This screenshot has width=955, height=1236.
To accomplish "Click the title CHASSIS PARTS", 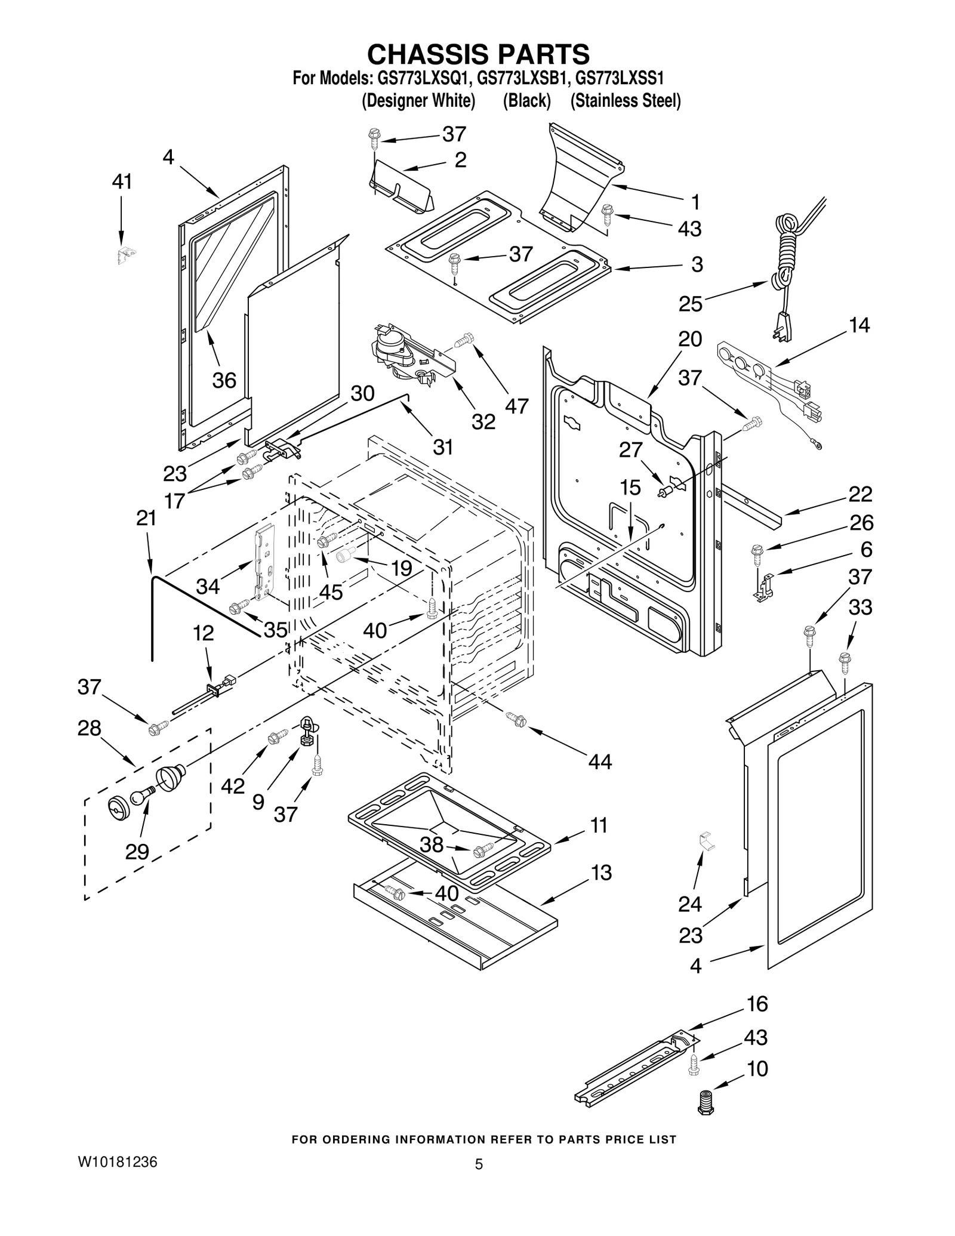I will (478, 54).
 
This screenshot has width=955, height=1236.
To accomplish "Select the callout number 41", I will (122, 181).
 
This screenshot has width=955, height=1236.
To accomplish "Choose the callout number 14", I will (859, 325).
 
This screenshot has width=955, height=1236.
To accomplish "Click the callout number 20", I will (689, 339).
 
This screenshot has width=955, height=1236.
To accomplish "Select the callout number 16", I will (757, 1004).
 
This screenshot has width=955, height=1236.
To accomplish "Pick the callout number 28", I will (89, 728).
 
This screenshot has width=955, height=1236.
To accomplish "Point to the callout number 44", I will (599, 762).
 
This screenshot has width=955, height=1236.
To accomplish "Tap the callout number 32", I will (483, 421).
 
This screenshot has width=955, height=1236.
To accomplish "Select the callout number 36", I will (224, 380).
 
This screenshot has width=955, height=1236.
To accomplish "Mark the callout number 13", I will (601, 873).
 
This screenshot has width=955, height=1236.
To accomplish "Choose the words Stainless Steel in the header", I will (625, 101).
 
